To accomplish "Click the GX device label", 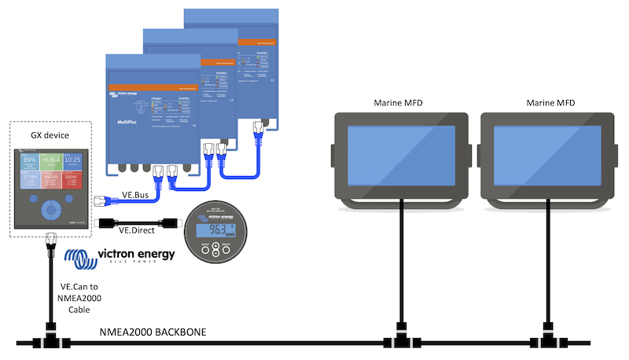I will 50,135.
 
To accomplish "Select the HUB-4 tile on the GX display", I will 51,163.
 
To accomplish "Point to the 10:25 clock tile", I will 73,163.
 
